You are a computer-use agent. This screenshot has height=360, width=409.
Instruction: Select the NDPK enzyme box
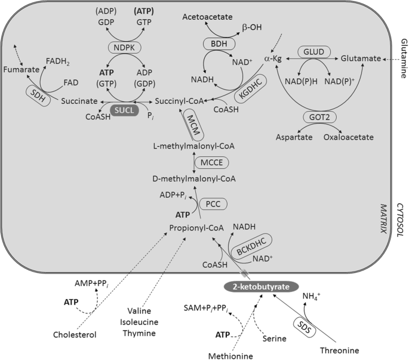point(123,47)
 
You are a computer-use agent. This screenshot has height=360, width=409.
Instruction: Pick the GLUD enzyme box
point(313,52)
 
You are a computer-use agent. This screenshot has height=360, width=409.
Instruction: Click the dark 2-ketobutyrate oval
point(261,287)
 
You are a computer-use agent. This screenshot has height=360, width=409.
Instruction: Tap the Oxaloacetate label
point(349,137)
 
